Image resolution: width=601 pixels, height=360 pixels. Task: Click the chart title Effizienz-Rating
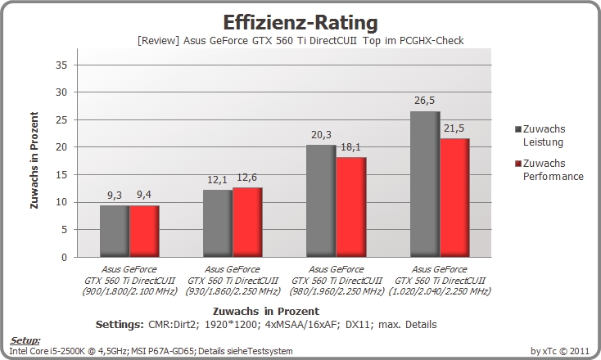click(x=300, y=23)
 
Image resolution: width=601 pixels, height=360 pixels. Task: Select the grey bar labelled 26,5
click(x=425, y=184)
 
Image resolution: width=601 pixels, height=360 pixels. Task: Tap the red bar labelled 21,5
click(x=454, y=198)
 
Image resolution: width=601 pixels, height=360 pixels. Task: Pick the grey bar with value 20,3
click(x=321, y=201)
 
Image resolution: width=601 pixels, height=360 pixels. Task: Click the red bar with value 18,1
click(x=351, y=207)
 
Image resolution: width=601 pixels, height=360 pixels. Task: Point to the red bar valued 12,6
click(x=247, y=222)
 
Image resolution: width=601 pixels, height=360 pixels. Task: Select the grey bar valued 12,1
click(x=218, y=223)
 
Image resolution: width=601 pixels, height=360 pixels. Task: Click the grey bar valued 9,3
click(x=115, y=232)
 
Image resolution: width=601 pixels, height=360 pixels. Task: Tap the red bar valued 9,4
click(x=144, y=232)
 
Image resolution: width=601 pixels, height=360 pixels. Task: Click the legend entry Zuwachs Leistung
click(x=540, y=136)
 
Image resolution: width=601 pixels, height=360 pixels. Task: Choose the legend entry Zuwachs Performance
click(x=549, y=169)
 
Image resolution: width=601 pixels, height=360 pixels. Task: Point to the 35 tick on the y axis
click(x=61, y=65)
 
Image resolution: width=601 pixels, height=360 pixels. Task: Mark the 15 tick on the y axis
click(x=61, y=174)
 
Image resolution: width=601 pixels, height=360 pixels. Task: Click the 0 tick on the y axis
click(x=64, y=258)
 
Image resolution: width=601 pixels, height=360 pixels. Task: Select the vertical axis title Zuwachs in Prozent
click(x=34, y=160)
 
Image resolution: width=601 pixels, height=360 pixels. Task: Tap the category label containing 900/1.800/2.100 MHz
click(x=129, y=281)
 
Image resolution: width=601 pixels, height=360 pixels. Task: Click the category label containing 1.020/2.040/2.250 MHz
click(x=440, y=281)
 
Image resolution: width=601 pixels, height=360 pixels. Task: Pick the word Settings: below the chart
click(x=120, y=325)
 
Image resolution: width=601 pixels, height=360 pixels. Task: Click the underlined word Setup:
click(x=25, y=340)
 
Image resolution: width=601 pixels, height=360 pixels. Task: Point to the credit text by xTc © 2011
click(x=560, y=351)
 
